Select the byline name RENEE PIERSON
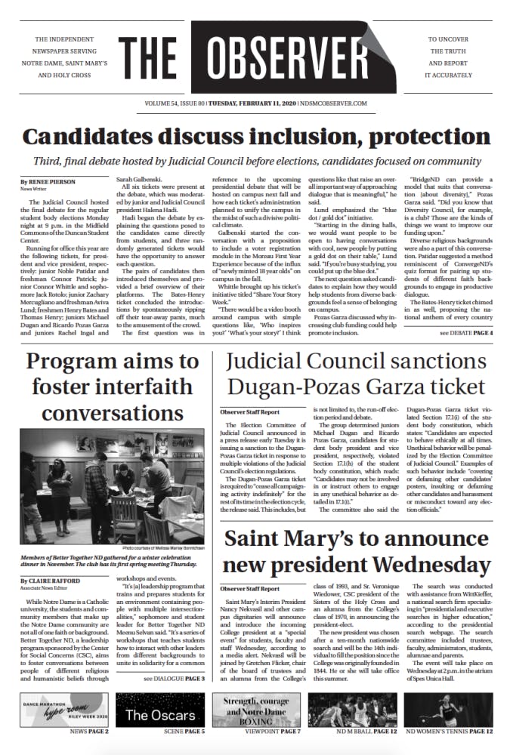tap(48, 182)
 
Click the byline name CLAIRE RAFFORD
tap(51, 559)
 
